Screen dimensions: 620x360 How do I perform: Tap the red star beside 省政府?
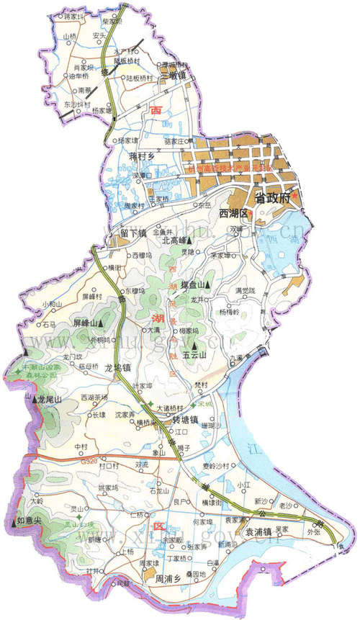coord(294,195)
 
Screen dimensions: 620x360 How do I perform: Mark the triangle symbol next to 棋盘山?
coord(207,286)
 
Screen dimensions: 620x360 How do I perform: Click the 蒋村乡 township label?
coord(143,155)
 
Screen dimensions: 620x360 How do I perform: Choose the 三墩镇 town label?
coord(174,74)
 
